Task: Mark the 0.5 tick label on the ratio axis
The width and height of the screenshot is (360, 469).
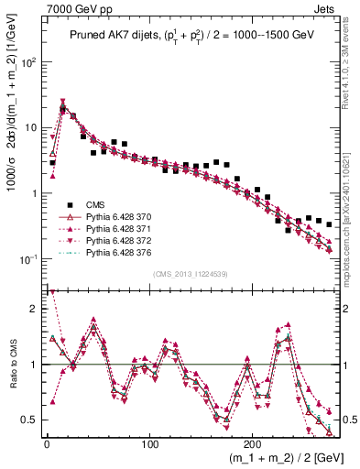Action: point(32,420)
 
